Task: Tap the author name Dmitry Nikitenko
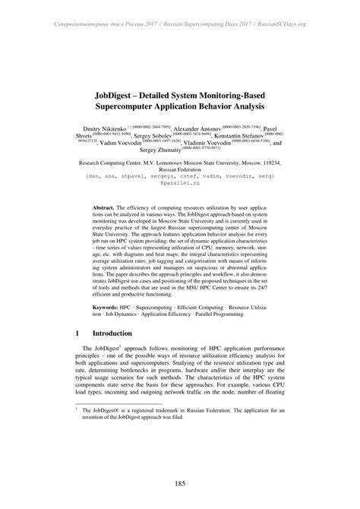106,130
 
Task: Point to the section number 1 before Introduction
78,333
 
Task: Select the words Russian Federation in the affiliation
180,170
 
